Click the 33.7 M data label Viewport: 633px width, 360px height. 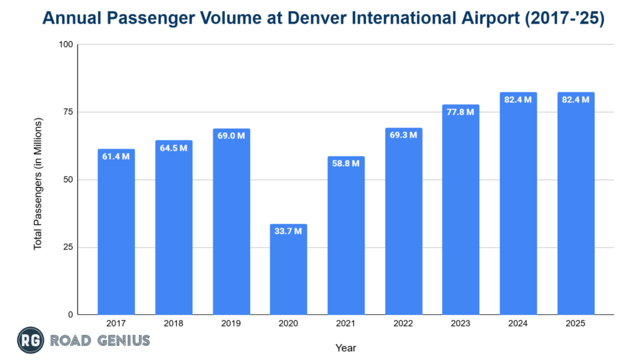tap(289, 231)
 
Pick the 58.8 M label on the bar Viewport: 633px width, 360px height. tap(346, 164)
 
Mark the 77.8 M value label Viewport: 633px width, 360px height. tap(461, 112)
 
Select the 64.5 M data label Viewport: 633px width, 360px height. tap(174, 148)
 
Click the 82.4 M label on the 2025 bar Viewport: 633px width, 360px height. tap(576, 100)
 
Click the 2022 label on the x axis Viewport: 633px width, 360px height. tap(403, 323)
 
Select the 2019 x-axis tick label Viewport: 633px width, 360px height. tap(231, 323)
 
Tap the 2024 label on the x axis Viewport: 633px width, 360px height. tap(518, 323)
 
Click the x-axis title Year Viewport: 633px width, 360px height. tap(346, 348)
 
